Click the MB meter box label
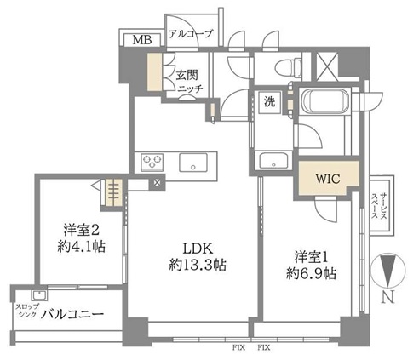tap(142, 40)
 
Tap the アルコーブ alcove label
tap(191, 34)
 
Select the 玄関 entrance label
tap(187, 75)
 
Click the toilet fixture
tap(288, 68)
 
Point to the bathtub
tap(325, 101)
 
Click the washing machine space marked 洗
tap(270, 102)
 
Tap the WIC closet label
tap(328, 179)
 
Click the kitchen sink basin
tap(193, 163)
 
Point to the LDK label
tap(198, 249)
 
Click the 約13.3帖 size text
tap(198, 266)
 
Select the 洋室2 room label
tap(82, 230)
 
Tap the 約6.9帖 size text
tap(311, 274)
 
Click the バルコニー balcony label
tap(72, 314)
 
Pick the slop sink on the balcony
tap(39, 295)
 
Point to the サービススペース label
tap(379, 206)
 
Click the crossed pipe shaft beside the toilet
tap(327, 66)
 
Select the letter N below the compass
tap(388, 297)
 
